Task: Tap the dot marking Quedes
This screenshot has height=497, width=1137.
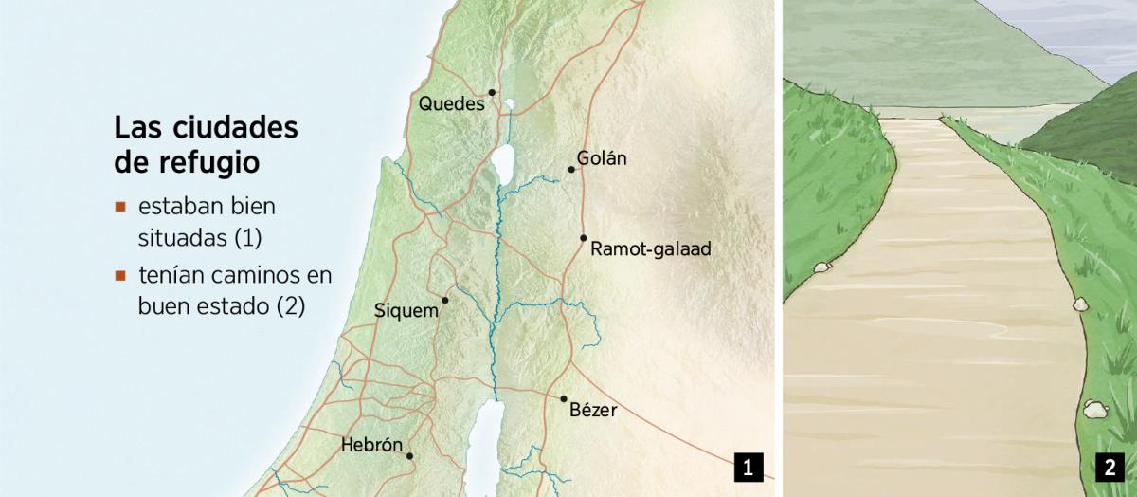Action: pyautogui.click(x=492, y=92)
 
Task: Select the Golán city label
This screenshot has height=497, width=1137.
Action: pyautogui.click(x=602, y=158)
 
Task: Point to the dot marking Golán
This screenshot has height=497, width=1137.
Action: pyautogui.click(x=571, y=170)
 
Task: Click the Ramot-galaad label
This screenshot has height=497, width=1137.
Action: pyautogui.click(x=650, y=249)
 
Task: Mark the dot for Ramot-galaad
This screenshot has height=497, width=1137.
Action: pyautogui.click(x=584, y=238)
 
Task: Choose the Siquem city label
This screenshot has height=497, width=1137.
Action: pyautogui.click(x=406, y=310)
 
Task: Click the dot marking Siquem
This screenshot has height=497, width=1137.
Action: pyautogui.click(x=444, y=300)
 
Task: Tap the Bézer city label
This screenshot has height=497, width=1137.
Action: pyautogui.click(x=593, y=411)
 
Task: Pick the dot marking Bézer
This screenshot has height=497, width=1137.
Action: pyautogui.click(x=564, y=399)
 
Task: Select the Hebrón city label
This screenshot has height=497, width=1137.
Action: pyautogui.click(x=371, y=445)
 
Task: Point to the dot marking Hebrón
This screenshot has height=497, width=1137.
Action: pyautogui.click(x=409, y=456)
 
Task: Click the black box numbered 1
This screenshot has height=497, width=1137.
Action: pyautogui.click(x=748, y=467)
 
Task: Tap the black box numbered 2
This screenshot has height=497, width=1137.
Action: pyautogui.click(x=1108, y=467)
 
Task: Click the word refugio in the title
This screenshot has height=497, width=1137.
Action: pyautogui.click(x=212, y=161)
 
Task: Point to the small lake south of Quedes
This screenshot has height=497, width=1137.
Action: pyautogui.click(x=509, y=105)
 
